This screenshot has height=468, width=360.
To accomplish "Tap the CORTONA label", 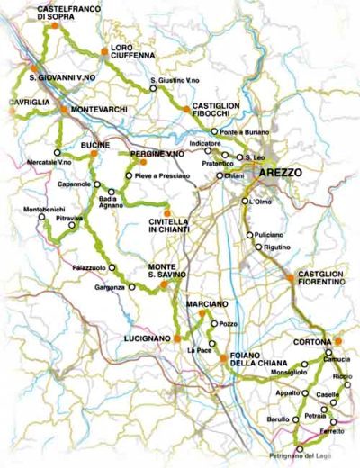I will pos(311,342).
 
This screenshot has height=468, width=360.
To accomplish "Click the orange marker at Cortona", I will pos(340,340).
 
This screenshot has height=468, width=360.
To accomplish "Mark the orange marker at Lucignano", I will pos(177,337).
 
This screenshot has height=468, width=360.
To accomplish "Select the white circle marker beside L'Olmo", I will pos(244,202).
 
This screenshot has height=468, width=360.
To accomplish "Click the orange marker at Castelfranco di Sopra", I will pos(55,28).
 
